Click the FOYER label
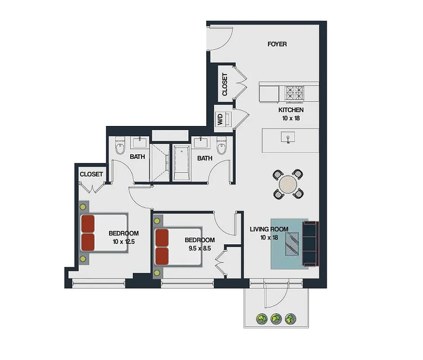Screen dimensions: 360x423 (x=277, y=44)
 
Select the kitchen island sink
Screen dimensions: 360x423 (x=287, y=137)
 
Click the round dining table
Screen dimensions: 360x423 (x=288, y=184)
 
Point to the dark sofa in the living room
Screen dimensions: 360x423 (x=310, y=243)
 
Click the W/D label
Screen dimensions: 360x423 (x=220, y=119)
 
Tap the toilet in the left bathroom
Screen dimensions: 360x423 (x=120, y=146)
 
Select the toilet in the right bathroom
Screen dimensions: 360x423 (x=221, y=146)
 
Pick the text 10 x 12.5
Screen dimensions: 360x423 (x=124, y=242)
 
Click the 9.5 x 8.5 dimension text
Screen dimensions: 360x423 (x=200, y=248)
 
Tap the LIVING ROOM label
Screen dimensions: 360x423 (x=269, y=229)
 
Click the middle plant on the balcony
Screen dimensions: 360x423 (x=276, y=319)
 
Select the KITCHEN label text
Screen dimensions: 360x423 (x=291, y=110)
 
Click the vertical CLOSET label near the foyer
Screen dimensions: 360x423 (x=225, y=84)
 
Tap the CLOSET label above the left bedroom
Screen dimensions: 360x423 (x=91, y=174)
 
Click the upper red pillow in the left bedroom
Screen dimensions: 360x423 (x=88, y=224)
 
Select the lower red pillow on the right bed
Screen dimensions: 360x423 (x=161, y=255)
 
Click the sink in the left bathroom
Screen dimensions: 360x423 (x=139, y=143)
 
